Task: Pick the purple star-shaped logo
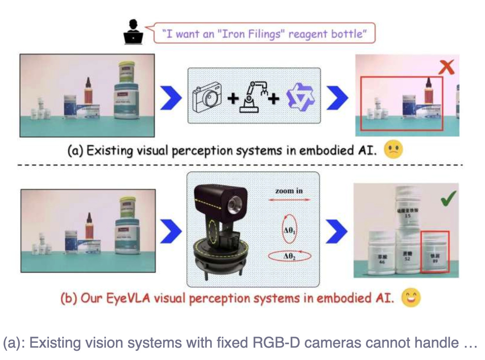coord(299,97)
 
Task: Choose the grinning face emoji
coord(411,298)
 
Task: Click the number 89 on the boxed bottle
coord(435,261)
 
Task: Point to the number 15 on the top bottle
coord(407,216)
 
